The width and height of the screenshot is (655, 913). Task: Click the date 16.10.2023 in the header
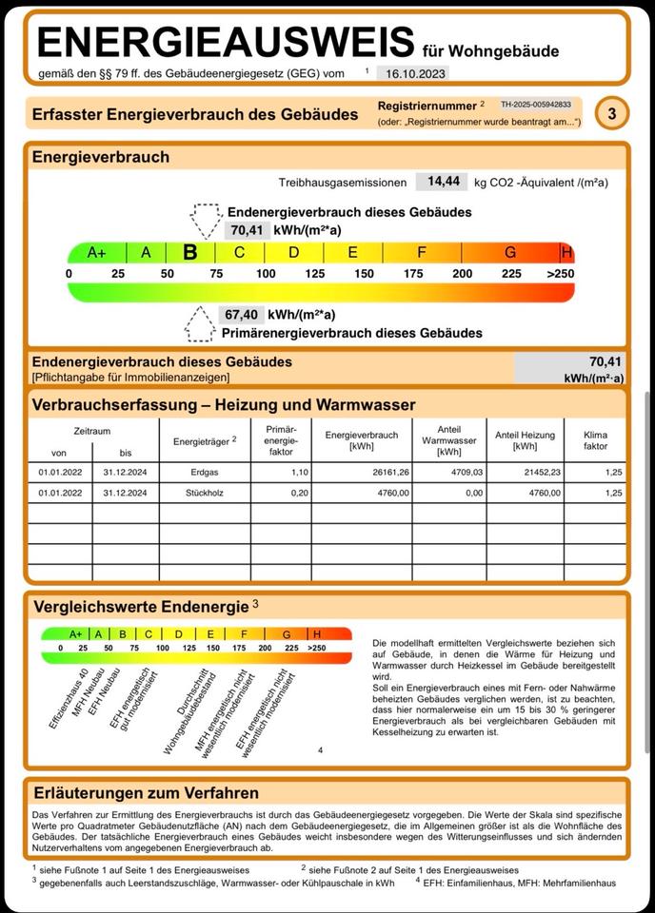[411, 73]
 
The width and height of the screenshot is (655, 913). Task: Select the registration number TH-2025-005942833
[536, 105]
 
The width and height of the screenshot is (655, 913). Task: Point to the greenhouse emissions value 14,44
[443, 181]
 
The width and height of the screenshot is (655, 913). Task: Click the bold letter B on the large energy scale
[190, 252]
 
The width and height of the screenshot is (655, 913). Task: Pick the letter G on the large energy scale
[510, 252]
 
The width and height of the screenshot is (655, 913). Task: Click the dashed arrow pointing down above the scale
[206, 220]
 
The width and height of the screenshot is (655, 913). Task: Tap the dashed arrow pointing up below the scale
[200, 324]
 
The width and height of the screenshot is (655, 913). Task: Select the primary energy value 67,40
[240, 315]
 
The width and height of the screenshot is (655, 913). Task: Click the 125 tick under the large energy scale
[315, 274]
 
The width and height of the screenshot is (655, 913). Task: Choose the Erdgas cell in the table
[204, 472]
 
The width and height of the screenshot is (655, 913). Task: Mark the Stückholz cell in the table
[204, 493]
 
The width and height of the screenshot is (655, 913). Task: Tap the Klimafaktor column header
[595, 440]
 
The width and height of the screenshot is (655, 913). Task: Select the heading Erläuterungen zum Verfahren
[146, 792]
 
